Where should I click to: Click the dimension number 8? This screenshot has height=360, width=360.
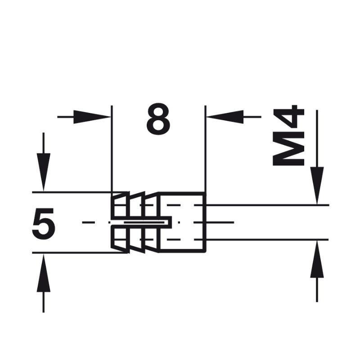point(158,118)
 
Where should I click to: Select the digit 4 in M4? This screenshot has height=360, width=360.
point(289,118)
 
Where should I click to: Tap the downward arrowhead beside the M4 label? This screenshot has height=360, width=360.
point(317,185)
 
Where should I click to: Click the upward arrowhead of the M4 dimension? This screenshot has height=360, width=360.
point(317,259)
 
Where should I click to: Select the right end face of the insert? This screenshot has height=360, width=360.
point(206,222)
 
